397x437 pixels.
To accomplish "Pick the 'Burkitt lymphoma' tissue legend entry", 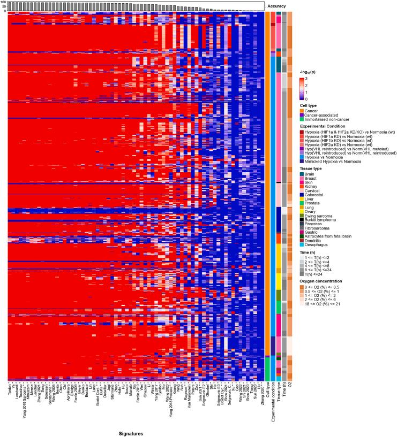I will (x=321, y=220).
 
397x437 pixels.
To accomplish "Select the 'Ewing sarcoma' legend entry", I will (x=320, y=216).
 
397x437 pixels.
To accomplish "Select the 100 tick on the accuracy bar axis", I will (x=3, y=2).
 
